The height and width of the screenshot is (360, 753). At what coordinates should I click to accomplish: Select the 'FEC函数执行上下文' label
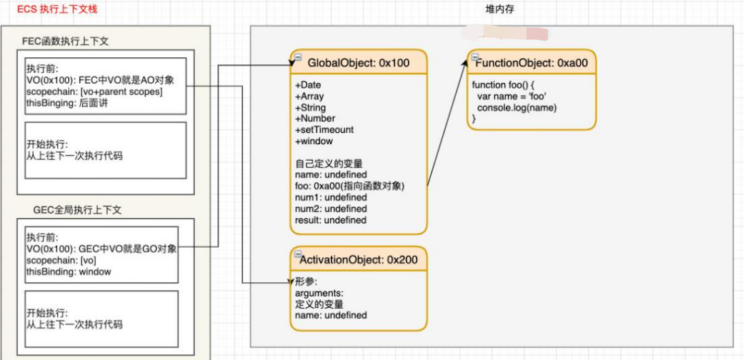[65, 43]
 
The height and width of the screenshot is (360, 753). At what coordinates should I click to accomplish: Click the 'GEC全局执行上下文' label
[78, 210]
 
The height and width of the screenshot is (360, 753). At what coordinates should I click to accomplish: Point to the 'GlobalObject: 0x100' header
[359, 63]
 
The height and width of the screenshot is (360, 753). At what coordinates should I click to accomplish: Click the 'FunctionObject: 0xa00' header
[532, 63]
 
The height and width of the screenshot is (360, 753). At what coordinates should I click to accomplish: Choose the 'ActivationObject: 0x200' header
[359, 259]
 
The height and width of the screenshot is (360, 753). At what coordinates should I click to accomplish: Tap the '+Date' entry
[309, 85]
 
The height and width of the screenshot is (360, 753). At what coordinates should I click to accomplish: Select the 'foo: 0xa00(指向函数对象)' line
[350, 186]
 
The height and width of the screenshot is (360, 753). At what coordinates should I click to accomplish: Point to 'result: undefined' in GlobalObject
[331, 220]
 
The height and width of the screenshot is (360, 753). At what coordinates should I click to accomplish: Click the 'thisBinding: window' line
[69, 271]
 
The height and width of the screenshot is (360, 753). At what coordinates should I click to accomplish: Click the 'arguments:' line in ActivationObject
[319, 293]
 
